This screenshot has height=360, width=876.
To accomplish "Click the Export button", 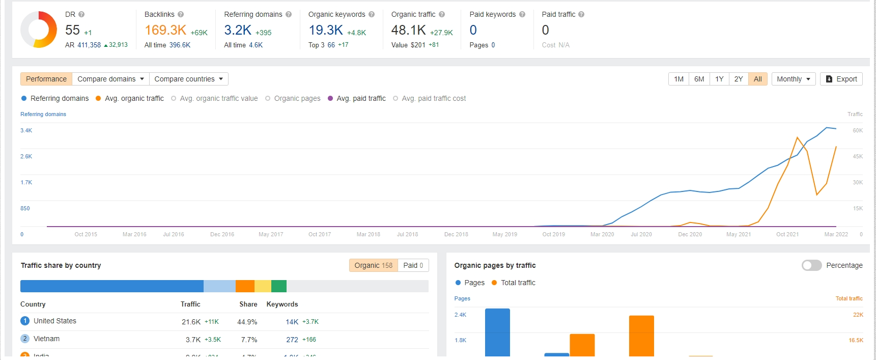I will click(x=841, y=79).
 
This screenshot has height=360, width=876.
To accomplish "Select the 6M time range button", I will click(x=699, y=79).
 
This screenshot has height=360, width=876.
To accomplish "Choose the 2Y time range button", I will click(x=738, y=79).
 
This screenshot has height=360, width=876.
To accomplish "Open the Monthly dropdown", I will click(x=793, y=79).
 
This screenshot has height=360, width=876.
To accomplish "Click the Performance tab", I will click(x=46, y=79).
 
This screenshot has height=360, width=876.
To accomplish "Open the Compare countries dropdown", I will click(x=188, y=79).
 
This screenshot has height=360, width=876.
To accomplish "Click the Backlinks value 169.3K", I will click(x=165, y=31).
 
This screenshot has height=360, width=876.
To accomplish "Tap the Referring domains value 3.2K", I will click(x=238, y=31).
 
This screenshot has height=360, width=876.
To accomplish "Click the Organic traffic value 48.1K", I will click(x=408, y=31).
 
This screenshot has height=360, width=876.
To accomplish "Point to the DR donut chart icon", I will click(x=39, y=30).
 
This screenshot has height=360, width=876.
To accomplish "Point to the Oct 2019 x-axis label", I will click(x=553, y=234).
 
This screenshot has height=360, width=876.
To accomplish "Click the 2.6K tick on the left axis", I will click(x=26, y=156).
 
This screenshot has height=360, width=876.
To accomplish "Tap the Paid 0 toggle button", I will click(x=413, y=265).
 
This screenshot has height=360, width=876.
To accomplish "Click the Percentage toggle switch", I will click(x=811, y=265).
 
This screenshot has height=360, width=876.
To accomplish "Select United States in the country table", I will click(x=54, y=321).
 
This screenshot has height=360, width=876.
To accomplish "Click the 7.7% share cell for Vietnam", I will click(x=249, y=340).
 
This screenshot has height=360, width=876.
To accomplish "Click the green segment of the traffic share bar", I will click(x=278, y=286).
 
